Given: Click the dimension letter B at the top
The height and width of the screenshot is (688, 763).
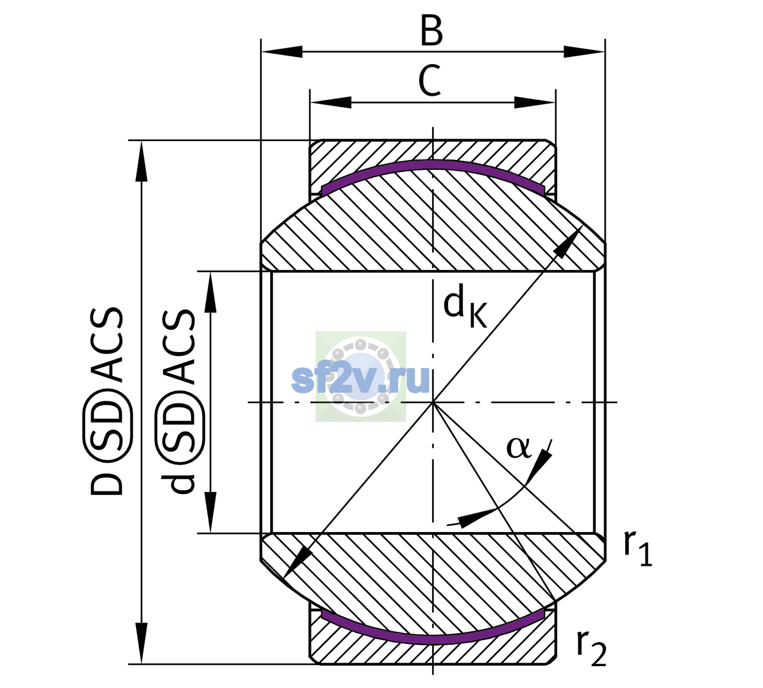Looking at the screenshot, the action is click(432, 31).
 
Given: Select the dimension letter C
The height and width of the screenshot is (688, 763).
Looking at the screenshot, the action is click(430, 81).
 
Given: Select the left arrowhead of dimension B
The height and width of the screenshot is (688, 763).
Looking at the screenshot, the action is click(282, 52).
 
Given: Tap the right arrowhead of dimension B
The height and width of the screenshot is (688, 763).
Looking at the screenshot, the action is click(584, 52).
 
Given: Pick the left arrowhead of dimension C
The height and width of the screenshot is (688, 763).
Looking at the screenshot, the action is click(330, 102).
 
